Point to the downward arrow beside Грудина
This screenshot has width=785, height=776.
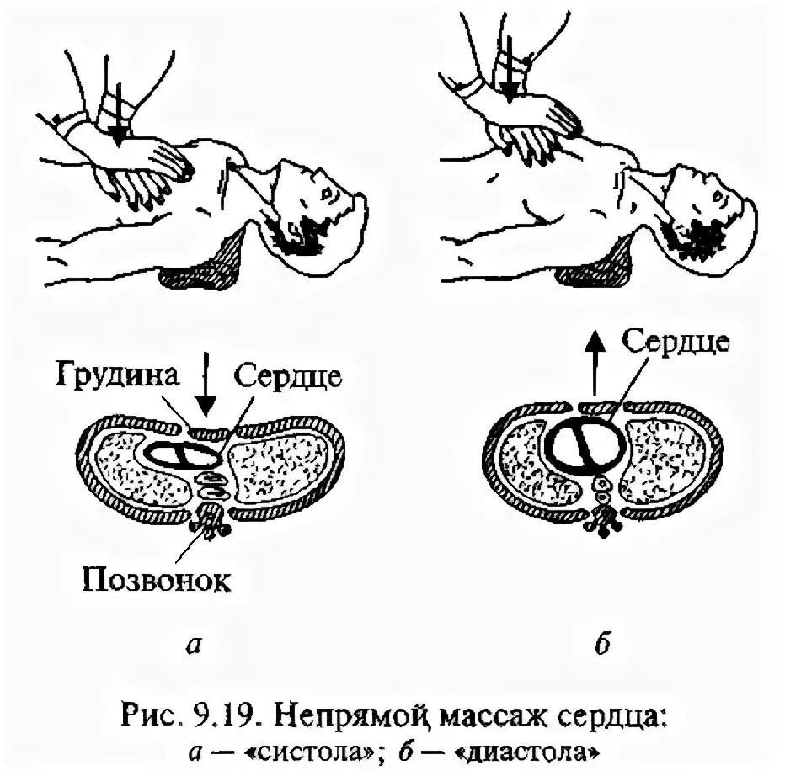pos(207,389)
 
